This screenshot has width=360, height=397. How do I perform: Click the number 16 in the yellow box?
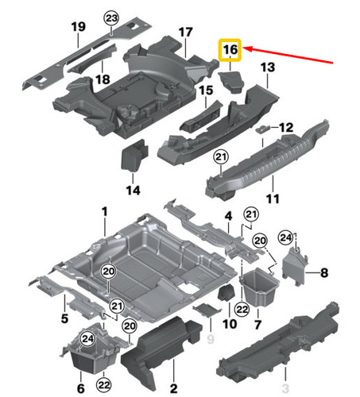231,49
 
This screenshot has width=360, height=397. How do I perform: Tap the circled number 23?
111,18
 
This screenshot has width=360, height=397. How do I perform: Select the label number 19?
78,29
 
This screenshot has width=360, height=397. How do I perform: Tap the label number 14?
132,191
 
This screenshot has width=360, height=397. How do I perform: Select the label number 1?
103,211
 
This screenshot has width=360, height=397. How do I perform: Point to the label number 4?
227,216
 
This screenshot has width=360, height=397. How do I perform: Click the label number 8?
323,273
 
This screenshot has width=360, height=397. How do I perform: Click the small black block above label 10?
225,293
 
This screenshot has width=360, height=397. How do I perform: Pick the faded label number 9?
211,340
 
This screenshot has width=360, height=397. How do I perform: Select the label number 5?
64,319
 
